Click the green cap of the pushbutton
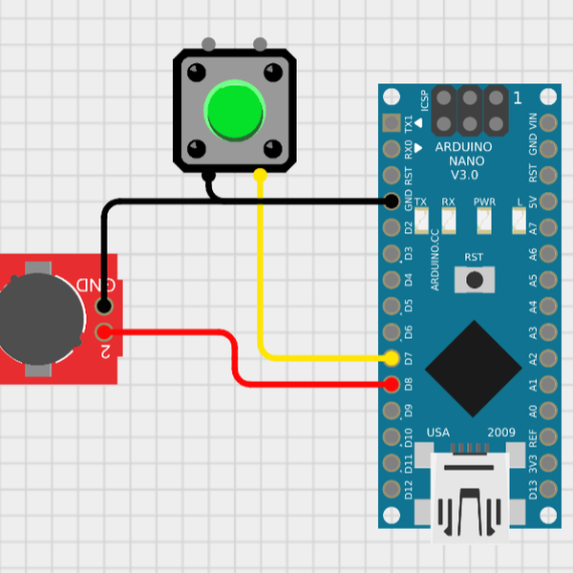[234, 110]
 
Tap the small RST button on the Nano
[474, 279]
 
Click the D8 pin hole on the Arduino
[392, 385]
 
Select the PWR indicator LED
[484, 223]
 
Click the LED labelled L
[519, 223]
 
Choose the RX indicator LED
[449, 223]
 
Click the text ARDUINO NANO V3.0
[464, 161]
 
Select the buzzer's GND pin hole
[104, 307]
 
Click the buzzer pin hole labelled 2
[104, 333]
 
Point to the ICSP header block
[470, 111]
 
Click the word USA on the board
[438, 433]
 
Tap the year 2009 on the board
[501, 433]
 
